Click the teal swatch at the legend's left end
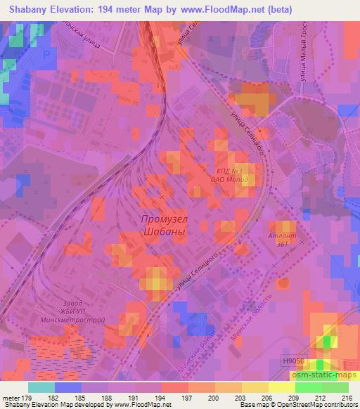(x=42, y=387)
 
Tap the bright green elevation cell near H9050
(x=322, y=365)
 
